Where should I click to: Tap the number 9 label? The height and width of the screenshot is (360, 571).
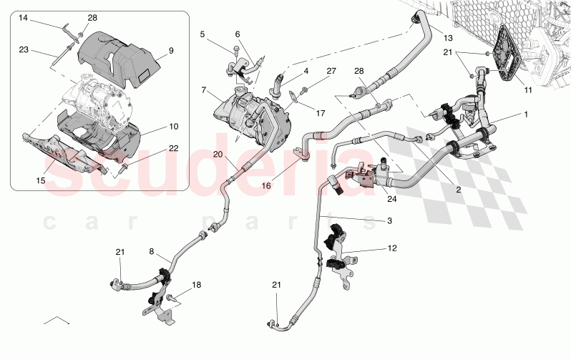171,51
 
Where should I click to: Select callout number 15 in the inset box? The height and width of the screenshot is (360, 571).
41,181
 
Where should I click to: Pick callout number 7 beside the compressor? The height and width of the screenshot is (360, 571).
204,91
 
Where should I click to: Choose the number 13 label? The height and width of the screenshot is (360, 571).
448,37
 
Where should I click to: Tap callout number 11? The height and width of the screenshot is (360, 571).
529,91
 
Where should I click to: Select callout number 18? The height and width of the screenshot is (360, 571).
196,285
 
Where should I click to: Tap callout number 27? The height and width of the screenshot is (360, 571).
331,70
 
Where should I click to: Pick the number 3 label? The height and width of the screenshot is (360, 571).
389,221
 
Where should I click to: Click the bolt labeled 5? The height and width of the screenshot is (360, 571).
235,49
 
